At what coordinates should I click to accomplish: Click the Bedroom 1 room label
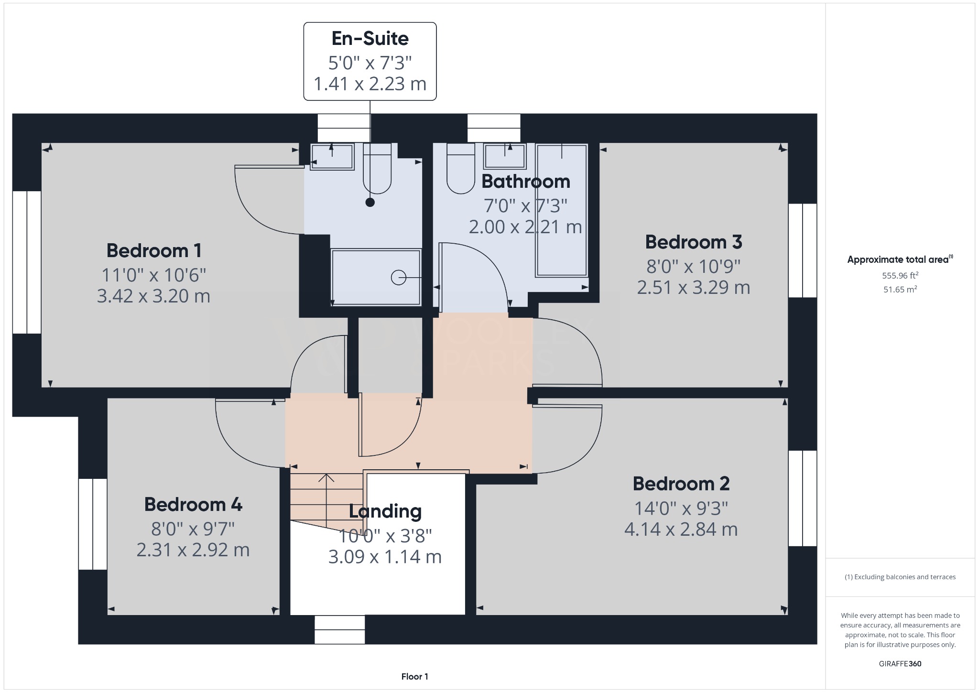(153, 250)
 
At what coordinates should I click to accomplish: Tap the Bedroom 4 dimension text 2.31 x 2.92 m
(193, 550)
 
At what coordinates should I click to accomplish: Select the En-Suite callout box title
(370, 39)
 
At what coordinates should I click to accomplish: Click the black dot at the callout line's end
(370, 203)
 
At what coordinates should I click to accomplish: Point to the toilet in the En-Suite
(377, 170)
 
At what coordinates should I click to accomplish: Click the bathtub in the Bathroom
(562, 210)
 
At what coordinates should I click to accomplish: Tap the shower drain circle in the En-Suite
(398, 277)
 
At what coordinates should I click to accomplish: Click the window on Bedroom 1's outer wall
(27, 262)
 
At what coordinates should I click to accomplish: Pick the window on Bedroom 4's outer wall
(93, 524)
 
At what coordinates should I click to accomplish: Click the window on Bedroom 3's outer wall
(803, 250)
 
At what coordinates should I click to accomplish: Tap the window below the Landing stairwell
(339, 629)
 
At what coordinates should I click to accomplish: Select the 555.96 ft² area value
(900, 275)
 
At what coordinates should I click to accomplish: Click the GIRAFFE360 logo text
(900, 663)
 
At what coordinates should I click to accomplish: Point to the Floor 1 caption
(414, 676)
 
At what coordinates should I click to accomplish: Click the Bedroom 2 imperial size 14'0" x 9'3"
(681, 508)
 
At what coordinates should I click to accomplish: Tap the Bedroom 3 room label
(693, 242)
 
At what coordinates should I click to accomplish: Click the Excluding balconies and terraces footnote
(900, 577)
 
